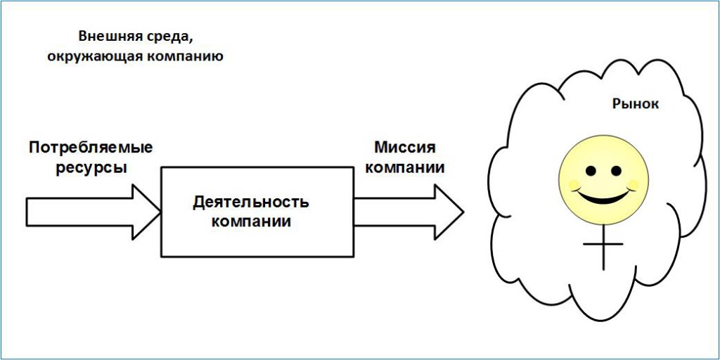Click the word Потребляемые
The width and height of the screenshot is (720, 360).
[91, 148]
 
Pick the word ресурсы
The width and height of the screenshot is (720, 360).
[91, 169]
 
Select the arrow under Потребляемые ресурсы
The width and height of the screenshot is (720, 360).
[91, 211]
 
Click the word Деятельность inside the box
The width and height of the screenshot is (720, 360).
[251, 202]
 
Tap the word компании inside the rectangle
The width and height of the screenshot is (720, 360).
[252, 221]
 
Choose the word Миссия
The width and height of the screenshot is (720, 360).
[405, 148]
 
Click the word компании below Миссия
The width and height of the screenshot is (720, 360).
[405, 168]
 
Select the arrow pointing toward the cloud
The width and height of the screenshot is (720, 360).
[408, 211]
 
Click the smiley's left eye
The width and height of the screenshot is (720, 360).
[591, 171]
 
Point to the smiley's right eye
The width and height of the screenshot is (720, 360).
[617, 171]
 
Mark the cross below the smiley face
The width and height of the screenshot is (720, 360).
[603, 245]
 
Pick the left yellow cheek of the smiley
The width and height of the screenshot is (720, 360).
[574, 185]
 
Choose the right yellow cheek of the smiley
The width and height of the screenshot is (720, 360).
[633, 185]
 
